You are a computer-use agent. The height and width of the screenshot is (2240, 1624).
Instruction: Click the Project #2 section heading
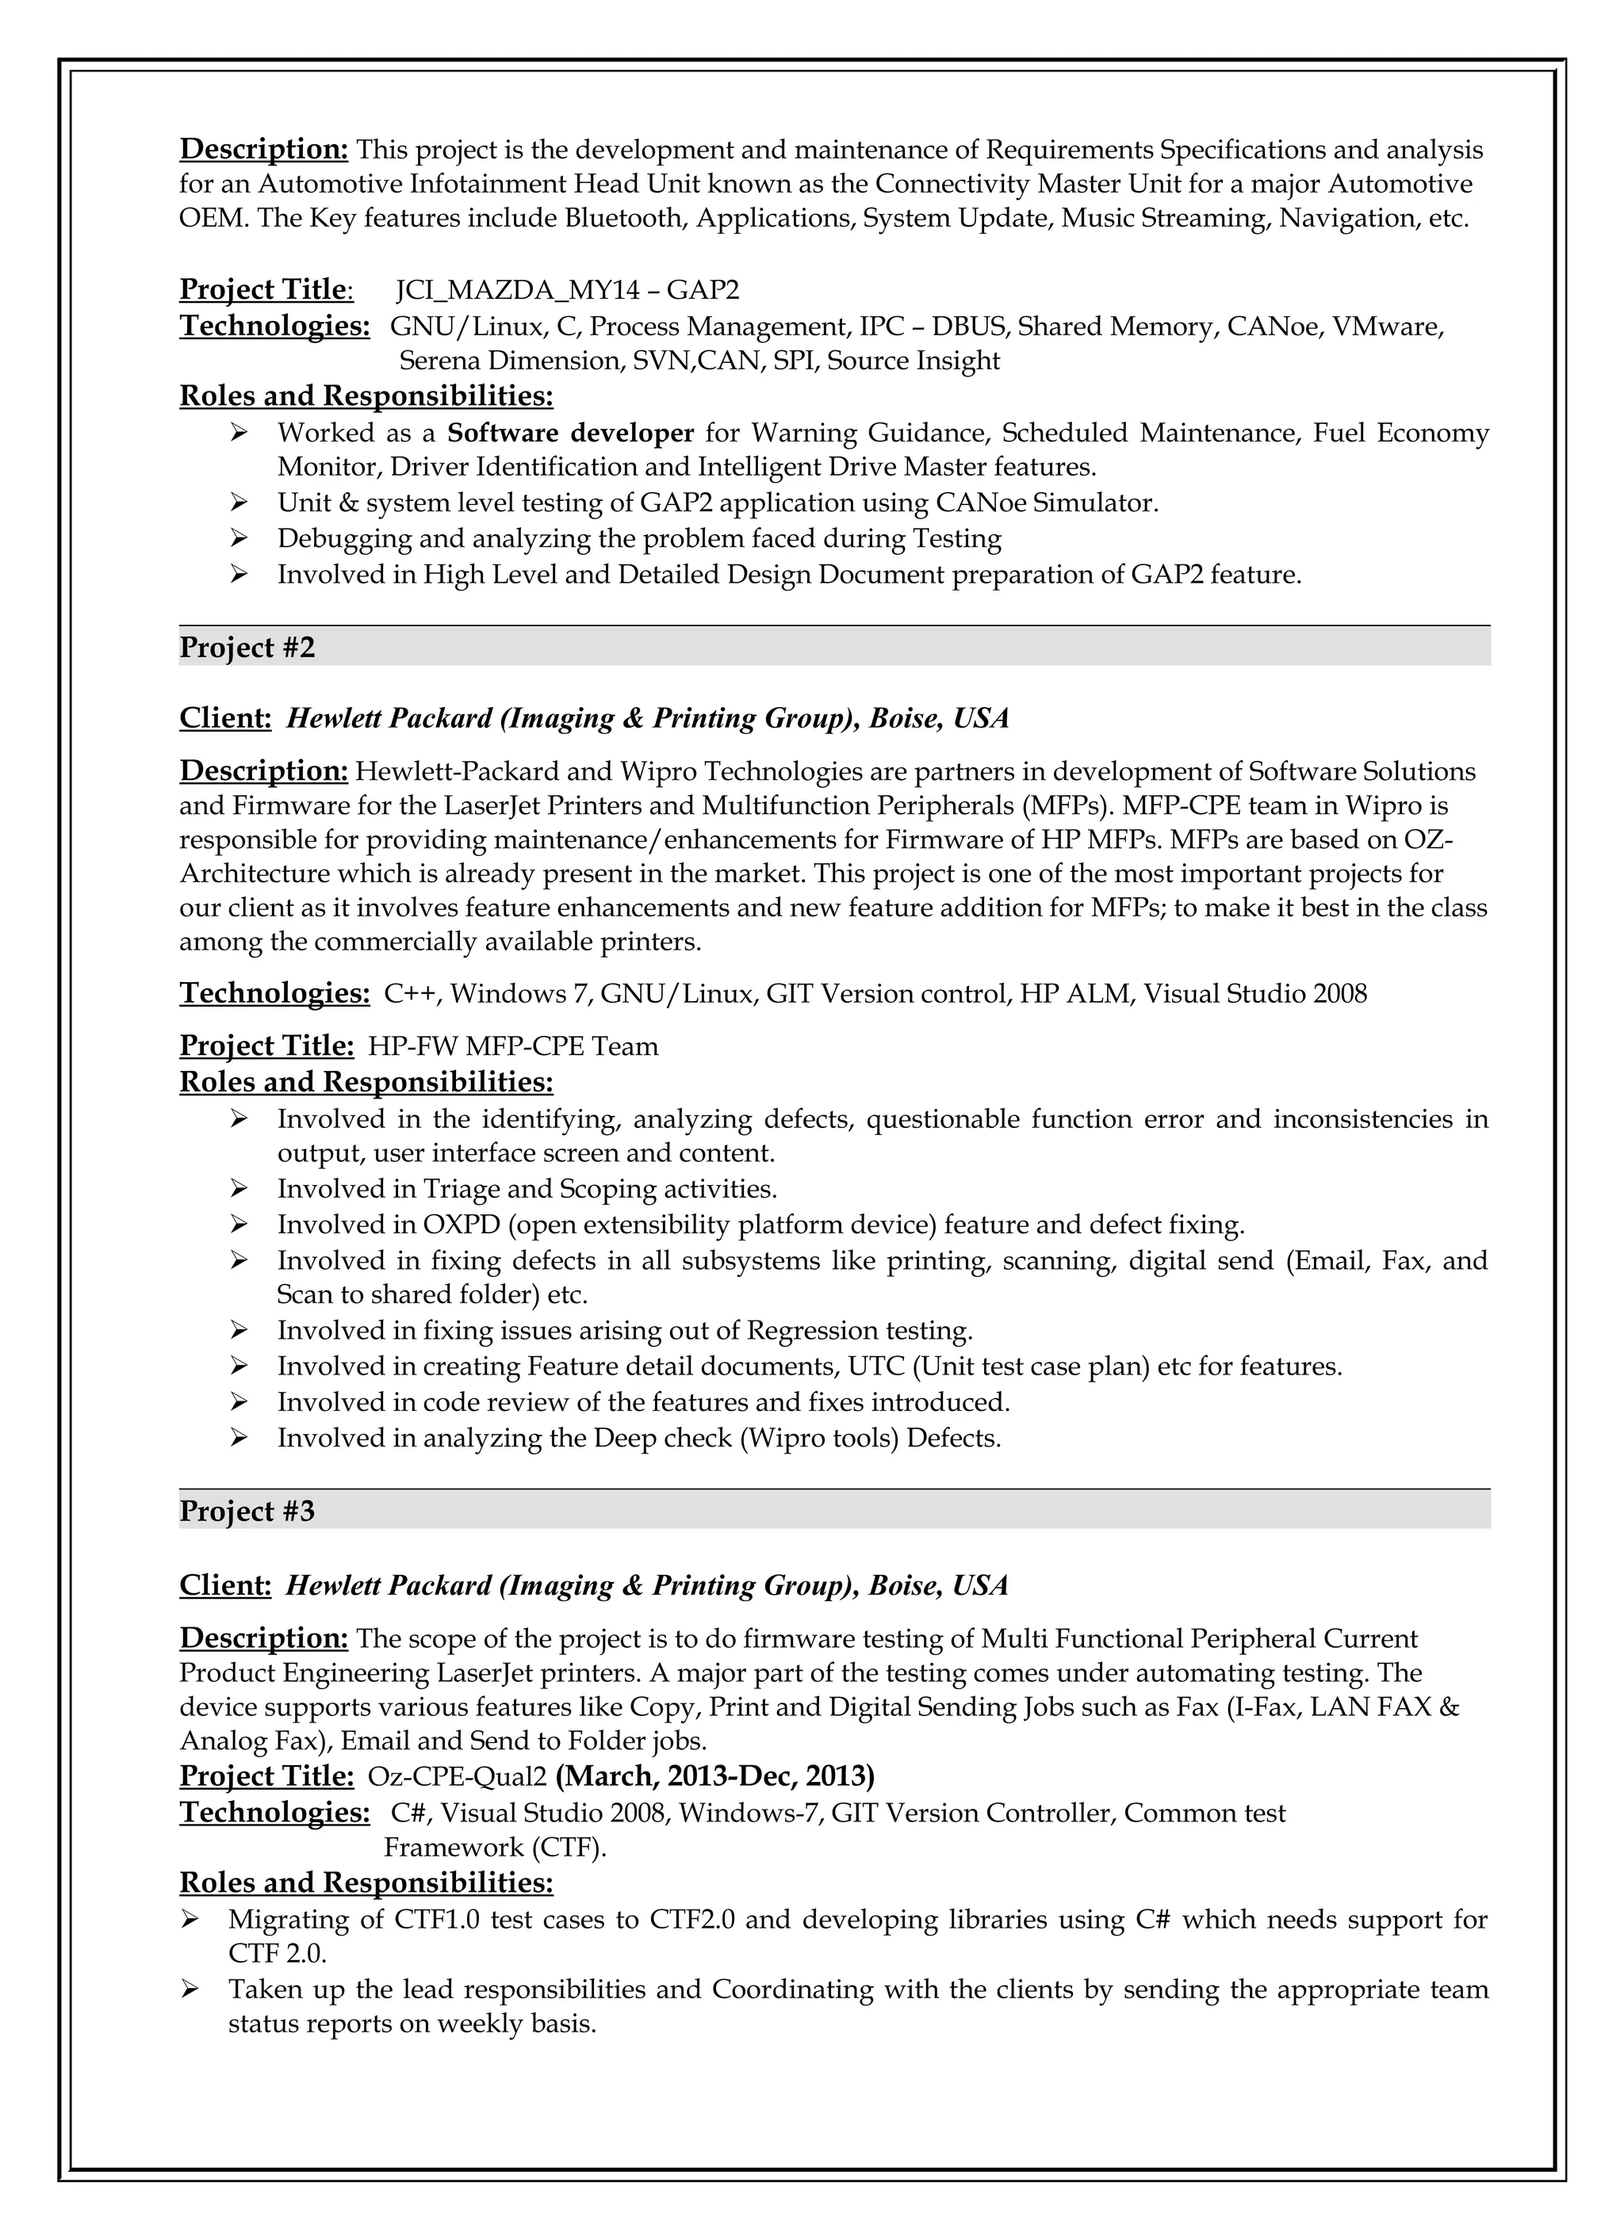(247, 648)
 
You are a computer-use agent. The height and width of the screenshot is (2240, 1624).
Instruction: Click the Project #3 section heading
(247, 1511)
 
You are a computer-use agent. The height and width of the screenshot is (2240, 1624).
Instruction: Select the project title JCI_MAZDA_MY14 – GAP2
(567, 290)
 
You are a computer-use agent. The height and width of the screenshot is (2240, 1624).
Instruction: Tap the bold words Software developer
(570, 433)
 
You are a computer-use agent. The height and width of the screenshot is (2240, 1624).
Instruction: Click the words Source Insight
(913, 361)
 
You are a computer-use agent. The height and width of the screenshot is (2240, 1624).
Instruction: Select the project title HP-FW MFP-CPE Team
(513, 1046)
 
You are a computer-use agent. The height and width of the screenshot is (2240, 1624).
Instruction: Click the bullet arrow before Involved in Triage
(238, 1188)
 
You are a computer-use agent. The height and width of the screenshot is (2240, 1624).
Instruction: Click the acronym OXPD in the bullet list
(462, 1225)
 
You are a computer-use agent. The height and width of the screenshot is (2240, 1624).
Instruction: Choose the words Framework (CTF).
(495, 1847)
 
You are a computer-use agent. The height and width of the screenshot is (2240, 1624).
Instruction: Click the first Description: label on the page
(264, 149)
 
